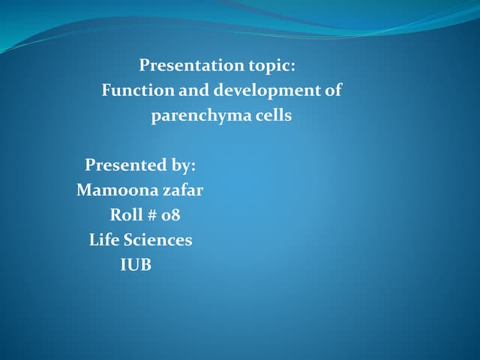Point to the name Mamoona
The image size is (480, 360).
coord(116,190)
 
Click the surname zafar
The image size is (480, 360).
coord(182,190)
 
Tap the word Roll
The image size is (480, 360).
coord(125,214)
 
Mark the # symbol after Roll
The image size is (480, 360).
coord(152,215)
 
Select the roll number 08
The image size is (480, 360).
coord(171,215)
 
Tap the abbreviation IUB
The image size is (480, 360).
coord(136,265)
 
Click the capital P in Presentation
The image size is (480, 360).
coord(144,66)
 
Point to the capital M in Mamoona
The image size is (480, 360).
coord(84,190)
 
